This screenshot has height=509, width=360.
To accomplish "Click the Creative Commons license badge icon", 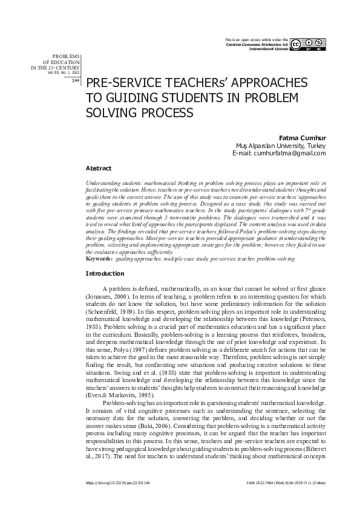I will (309, 44).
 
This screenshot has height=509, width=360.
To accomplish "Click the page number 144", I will (76, 80).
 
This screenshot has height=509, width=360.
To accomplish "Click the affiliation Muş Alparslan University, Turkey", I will (281, 146).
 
